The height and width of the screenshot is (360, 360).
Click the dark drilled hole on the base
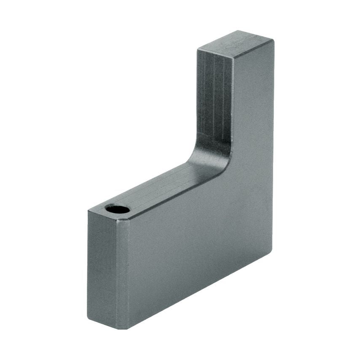tap(118, 209)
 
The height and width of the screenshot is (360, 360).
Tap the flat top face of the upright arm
tap(236, 44)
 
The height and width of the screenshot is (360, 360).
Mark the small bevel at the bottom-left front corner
tap(124, 326)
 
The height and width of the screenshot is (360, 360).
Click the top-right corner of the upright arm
tap(273, 41)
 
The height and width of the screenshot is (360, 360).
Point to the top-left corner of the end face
tap(88, 210)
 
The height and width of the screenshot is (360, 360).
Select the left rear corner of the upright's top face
tap(198, 50)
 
